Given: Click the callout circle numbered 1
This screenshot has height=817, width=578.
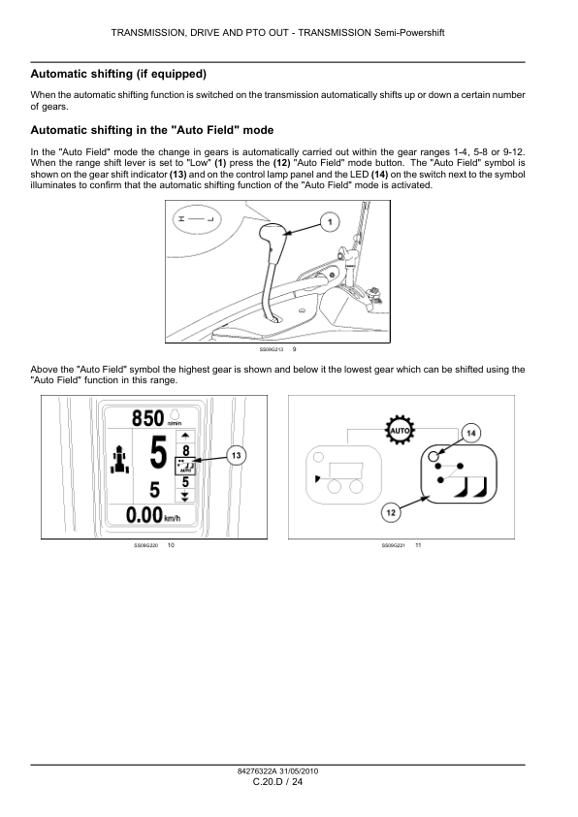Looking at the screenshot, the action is click(330, 222).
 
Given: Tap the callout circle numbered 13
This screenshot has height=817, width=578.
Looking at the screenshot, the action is click(237, 456).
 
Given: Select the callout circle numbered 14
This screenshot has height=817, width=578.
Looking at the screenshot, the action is click(470, 433).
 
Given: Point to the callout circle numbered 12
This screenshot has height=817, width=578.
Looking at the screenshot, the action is click(391, 512).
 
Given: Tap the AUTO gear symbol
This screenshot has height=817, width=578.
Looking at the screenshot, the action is click(400, 431).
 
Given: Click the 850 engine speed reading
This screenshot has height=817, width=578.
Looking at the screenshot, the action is click(147, 418).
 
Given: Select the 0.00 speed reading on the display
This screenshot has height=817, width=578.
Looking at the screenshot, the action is click(144, 515).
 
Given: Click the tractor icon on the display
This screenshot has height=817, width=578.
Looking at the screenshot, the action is click(120, 459).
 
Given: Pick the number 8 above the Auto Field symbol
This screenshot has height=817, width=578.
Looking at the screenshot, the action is click(185, 450).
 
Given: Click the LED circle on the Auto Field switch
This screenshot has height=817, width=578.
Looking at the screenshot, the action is click(433, 456).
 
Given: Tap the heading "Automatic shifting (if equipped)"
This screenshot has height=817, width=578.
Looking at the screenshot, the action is click(118, 74).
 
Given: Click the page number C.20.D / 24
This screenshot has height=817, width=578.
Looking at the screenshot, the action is click(277, 781).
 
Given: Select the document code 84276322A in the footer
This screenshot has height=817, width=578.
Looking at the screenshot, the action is click(257, 771).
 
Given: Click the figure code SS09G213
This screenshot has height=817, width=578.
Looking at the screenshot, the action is click(272, 349).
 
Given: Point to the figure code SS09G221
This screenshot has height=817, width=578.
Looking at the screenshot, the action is click(393, 545).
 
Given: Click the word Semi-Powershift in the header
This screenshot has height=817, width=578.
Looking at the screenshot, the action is click(409, 33).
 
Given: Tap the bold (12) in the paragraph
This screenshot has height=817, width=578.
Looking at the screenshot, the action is click(281, 163).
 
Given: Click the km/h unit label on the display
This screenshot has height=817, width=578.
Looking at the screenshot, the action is click(173, 519).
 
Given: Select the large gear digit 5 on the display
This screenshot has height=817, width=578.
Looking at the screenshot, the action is click(158, 452).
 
